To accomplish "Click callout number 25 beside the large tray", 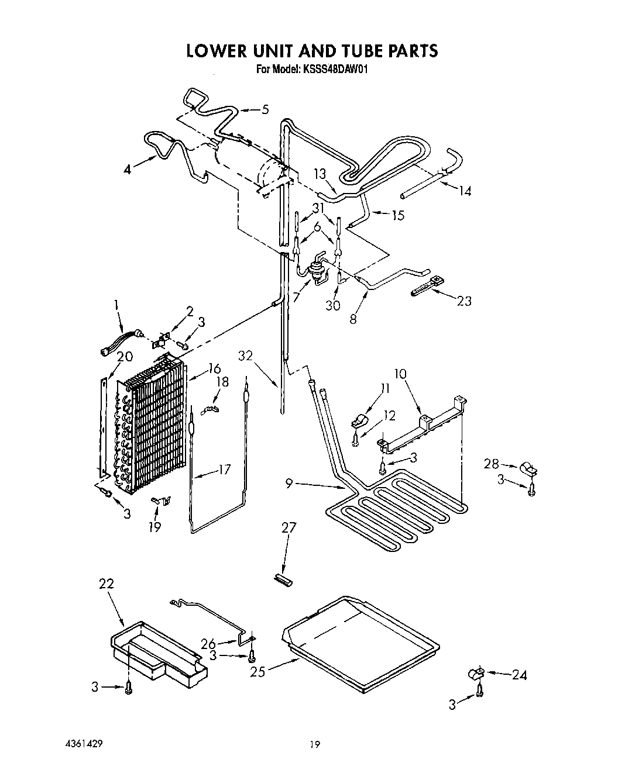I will pyautogui.click(x=258, y=672).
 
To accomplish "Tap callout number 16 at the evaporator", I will pyautogui.click(x=214, y=368).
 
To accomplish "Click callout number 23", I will pyautogui.click(x=463, y=301).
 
